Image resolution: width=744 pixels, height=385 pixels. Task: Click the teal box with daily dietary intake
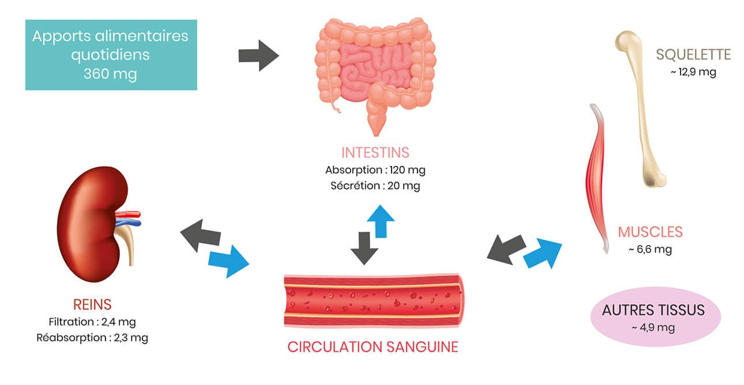click(111, 55)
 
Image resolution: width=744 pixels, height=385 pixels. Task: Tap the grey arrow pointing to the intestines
click(258, 55)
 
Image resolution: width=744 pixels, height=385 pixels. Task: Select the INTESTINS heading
click(375, 153)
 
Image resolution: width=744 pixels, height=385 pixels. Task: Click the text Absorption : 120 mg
click(375, 170)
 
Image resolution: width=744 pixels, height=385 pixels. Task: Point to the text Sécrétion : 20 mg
click(375, 186)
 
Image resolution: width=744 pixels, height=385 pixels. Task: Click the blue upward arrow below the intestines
click(381, 220)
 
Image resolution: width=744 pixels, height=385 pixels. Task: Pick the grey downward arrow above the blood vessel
click(364, 247)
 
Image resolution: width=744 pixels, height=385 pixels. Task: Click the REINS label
click(92, 304)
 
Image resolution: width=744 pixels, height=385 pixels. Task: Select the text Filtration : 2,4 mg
click(92, 322)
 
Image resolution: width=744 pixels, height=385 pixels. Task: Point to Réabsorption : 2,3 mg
click(92, 338)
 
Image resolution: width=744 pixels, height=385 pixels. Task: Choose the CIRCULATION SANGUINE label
click(373, 347)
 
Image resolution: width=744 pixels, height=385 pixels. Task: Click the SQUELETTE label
click(693, 55)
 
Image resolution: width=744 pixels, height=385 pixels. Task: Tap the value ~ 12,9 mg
click(693, 73)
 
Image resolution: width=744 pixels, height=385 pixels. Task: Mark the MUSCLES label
click(650, 232)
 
